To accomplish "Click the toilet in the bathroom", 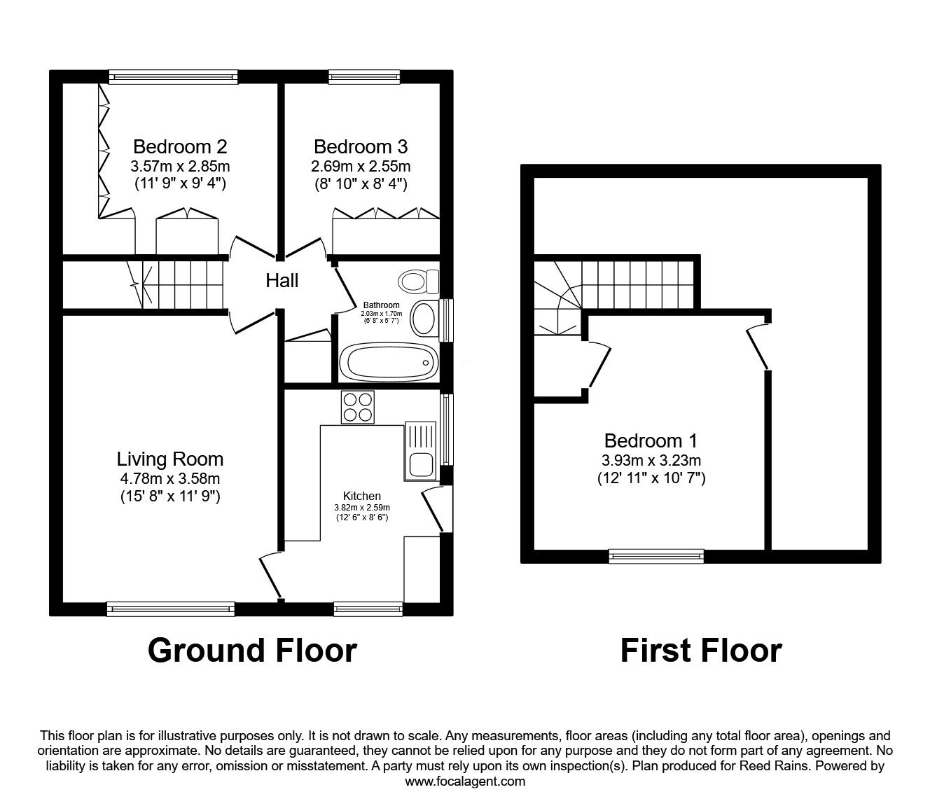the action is click(x=419, y=282).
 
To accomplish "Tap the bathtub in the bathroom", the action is click(x=389, y=362).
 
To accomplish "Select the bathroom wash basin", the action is click(x=424, y=319).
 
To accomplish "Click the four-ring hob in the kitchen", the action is click(x=358, y=408).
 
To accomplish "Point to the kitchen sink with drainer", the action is click(x=420, y=451).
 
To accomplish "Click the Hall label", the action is click(x=282, y=281).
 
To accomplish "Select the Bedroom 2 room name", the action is click(x=180, y=147).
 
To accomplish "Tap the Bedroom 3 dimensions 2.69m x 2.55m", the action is click(x=361, y=167).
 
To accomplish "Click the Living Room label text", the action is click(x=170, y=459).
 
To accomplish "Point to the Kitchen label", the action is click(x=362, y=496).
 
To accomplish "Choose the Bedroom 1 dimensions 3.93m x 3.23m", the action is click(x=651, y=460).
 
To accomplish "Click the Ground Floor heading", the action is click(x=252, y=651).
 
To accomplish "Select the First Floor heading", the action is click(x=701, y=651).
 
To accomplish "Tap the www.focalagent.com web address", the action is click(x=465, y=781).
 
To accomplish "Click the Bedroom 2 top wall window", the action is click(x=173, y=77).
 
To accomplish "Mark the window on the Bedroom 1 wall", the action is click(x=656, y=556).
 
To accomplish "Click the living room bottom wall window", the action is click(x=171, y=609).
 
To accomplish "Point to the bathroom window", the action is click(x=446, y=321).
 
